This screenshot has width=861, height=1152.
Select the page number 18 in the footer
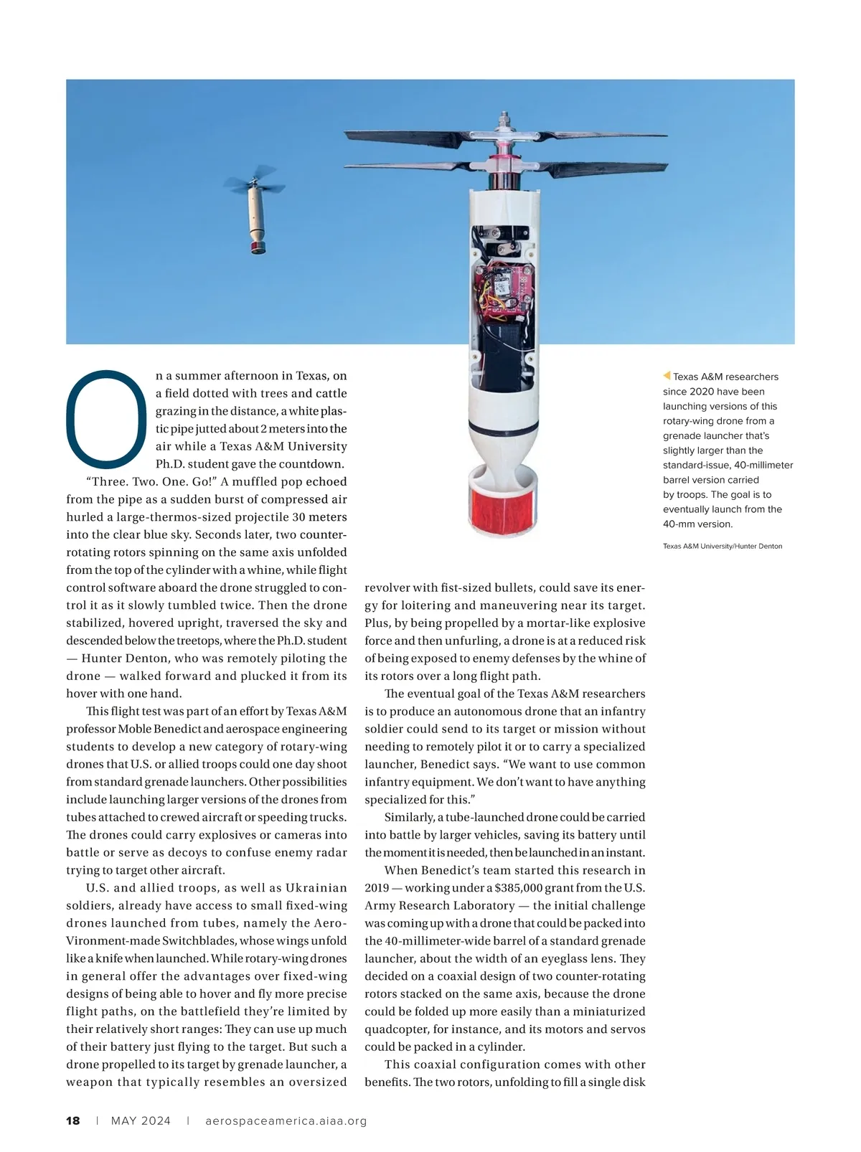73,1120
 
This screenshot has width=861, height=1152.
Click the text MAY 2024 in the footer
141,1120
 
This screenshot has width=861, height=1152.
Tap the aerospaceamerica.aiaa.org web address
286,1120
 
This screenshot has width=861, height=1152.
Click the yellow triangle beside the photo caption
667,376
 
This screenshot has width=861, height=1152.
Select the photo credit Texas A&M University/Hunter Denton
722,547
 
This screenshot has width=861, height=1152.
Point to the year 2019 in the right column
377,888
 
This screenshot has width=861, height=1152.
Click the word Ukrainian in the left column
316,888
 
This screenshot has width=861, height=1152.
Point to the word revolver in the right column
387,588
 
